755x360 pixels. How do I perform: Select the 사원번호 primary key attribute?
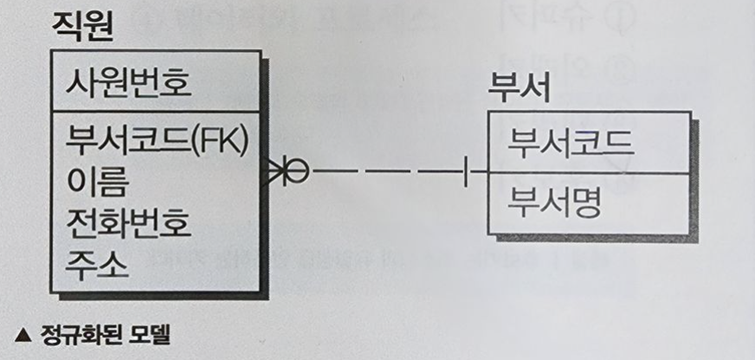coord(128,85)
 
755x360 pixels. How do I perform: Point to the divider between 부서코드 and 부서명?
coord(590,173)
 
